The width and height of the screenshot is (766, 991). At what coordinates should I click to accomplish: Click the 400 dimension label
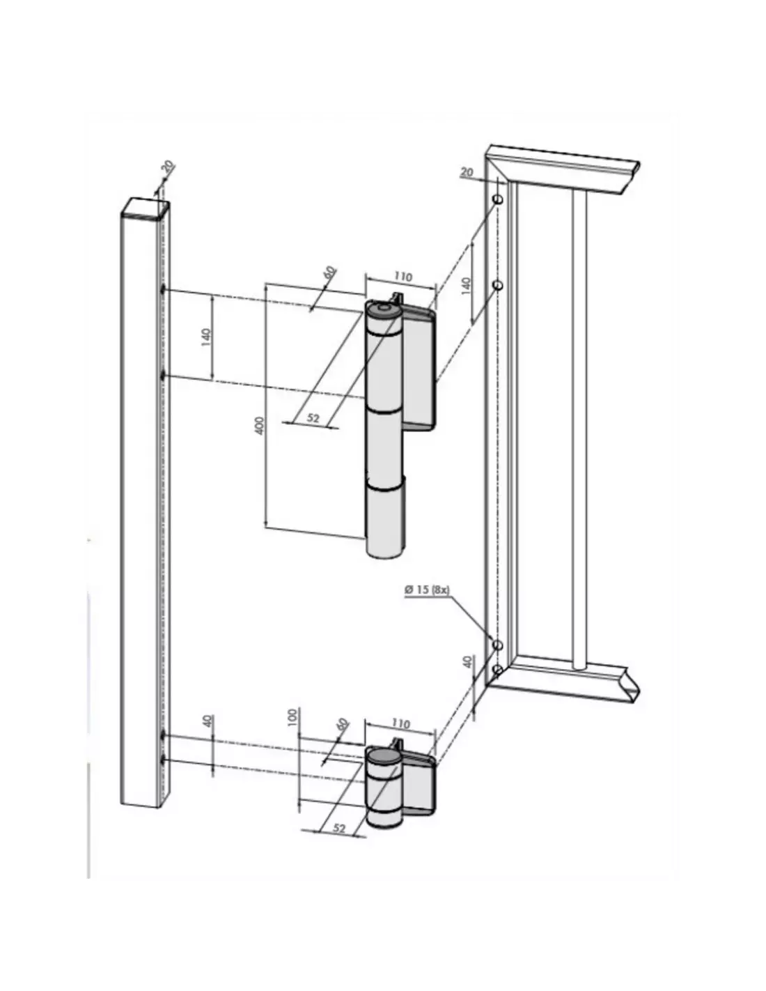(260, 425)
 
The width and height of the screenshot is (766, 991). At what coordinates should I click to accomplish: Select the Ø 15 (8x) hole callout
(427, 590)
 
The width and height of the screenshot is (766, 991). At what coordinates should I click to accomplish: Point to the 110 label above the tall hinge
(403, 277)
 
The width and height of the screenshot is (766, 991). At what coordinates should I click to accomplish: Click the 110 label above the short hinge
(402, 725)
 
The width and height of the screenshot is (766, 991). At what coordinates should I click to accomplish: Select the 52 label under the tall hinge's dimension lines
(313, 418)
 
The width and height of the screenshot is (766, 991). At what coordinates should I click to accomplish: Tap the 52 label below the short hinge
(338, 828)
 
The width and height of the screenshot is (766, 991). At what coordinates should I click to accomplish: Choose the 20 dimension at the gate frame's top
(467, 171)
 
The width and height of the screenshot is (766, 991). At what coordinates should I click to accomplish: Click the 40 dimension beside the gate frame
(468, 661)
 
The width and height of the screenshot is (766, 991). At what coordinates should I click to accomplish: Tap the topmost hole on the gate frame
(498, 200)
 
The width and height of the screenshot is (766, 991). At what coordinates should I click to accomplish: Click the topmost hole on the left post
(163, 289)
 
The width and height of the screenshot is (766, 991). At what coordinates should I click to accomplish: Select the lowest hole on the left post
(164, 759)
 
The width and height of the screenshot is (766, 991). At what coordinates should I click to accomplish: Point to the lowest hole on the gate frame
(497, 670)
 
